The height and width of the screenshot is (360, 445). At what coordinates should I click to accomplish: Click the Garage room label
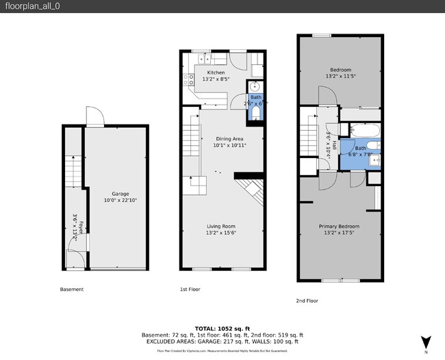pos(120,194)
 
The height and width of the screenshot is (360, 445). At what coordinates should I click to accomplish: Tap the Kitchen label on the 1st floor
pos(216,73)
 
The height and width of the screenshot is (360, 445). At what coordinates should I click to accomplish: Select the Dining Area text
pos(229,139)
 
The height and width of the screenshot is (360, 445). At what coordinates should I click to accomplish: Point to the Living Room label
pos(221,227)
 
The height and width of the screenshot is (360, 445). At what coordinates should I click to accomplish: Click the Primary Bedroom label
pos(339,227)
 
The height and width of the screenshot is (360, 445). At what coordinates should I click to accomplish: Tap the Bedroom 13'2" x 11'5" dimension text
pos(340,77)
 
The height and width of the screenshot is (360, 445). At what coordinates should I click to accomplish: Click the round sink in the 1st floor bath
pos(255,87)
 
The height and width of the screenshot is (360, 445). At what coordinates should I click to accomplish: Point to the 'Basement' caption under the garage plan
pos(72,290)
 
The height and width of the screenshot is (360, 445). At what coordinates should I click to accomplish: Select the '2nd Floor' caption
pos(307,300)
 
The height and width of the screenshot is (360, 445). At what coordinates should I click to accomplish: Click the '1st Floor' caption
pos(190,290)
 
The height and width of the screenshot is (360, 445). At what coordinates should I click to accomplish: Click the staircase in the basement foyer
pos(73,171)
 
